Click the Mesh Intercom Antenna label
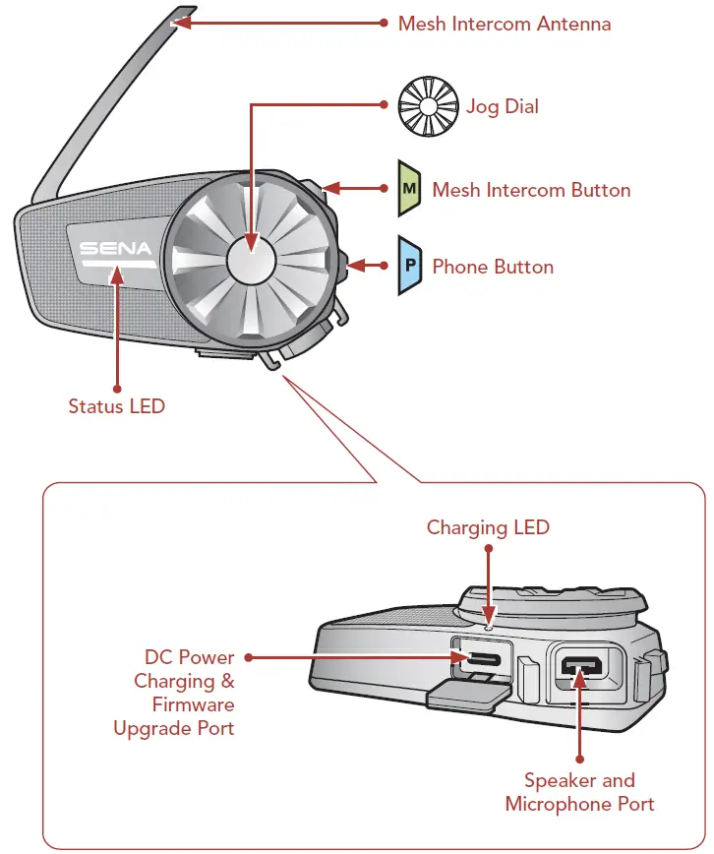504,24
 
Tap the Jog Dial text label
502,106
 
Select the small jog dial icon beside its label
428,105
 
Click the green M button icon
409,188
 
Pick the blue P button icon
409,266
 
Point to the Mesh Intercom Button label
531,190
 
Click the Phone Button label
493,267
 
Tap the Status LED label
116,405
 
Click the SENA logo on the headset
115,249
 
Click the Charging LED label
488,527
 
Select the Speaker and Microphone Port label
579,792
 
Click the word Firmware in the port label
194,704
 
